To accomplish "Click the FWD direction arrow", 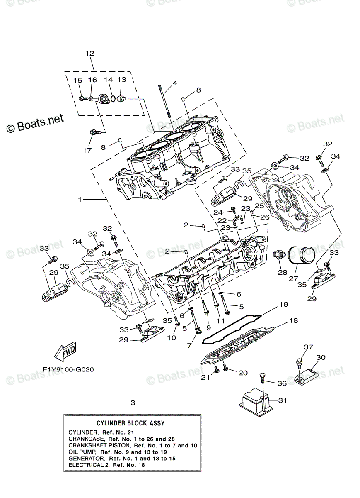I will pyautogui.click(x=65, y=353).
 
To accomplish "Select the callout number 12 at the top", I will pyautogui.click(x=90, y=53).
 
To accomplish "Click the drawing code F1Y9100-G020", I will pyautogui.click(x=65, y=369).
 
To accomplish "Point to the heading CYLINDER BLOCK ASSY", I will pyautogui.click(x=130, y=423).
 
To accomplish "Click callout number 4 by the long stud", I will pyautogui.click(x=175, y=83).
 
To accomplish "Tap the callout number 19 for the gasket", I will pyautogui.click(x=283, y=304).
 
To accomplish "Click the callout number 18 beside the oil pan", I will pyautogui.click(x=293, y=320).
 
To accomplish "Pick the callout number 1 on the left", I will pyautogui.click(x=80, y=200).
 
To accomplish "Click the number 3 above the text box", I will pyautogui.click(x=133, y=403).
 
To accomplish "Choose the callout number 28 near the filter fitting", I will pyautogui.click(x=282, y=272).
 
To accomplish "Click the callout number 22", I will pyautogui.click(x=222, y=220).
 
